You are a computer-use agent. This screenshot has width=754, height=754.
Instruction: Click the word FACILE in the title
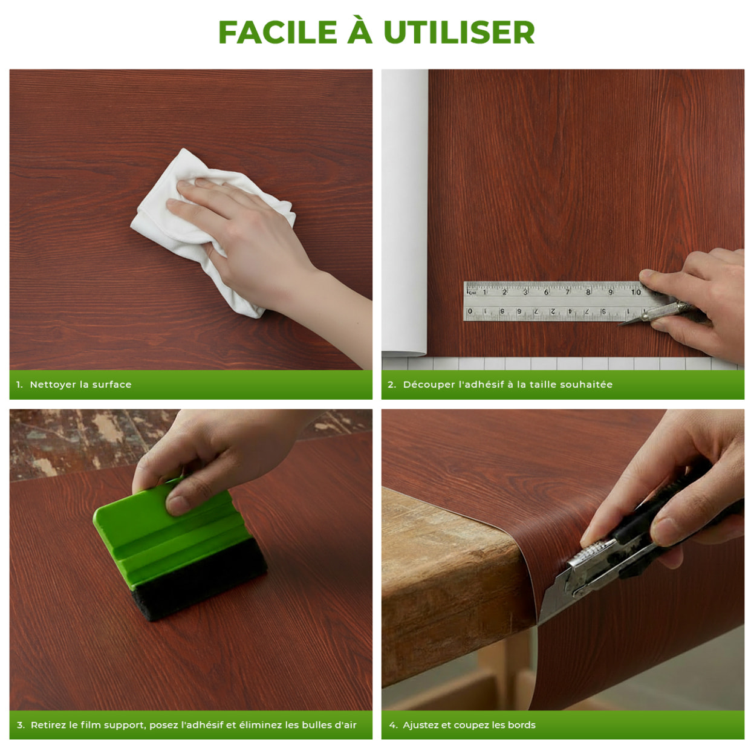tap(278, 32)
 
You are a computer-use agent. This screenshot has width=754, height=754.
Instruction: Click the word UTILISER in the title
tap(459, 32)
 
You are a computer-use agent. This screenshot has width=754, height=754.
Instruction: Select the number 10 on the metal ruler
tap(636, 292)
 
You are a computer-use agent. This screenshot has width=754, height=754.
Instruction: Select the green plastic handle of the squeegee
tap(168, 532)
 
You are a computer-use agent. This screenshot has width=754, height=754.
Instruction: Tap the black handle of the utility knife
tap(665, 521)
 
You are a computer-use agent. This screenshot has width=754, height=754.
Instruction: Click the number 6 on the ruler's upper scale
tap(546, 292)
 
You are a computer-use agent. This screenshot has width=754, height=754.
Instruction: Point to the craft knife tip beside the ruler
tap(620, 324)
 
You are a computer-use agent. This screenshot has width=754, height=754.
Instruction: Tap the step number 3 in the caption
tap(20, 725)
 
